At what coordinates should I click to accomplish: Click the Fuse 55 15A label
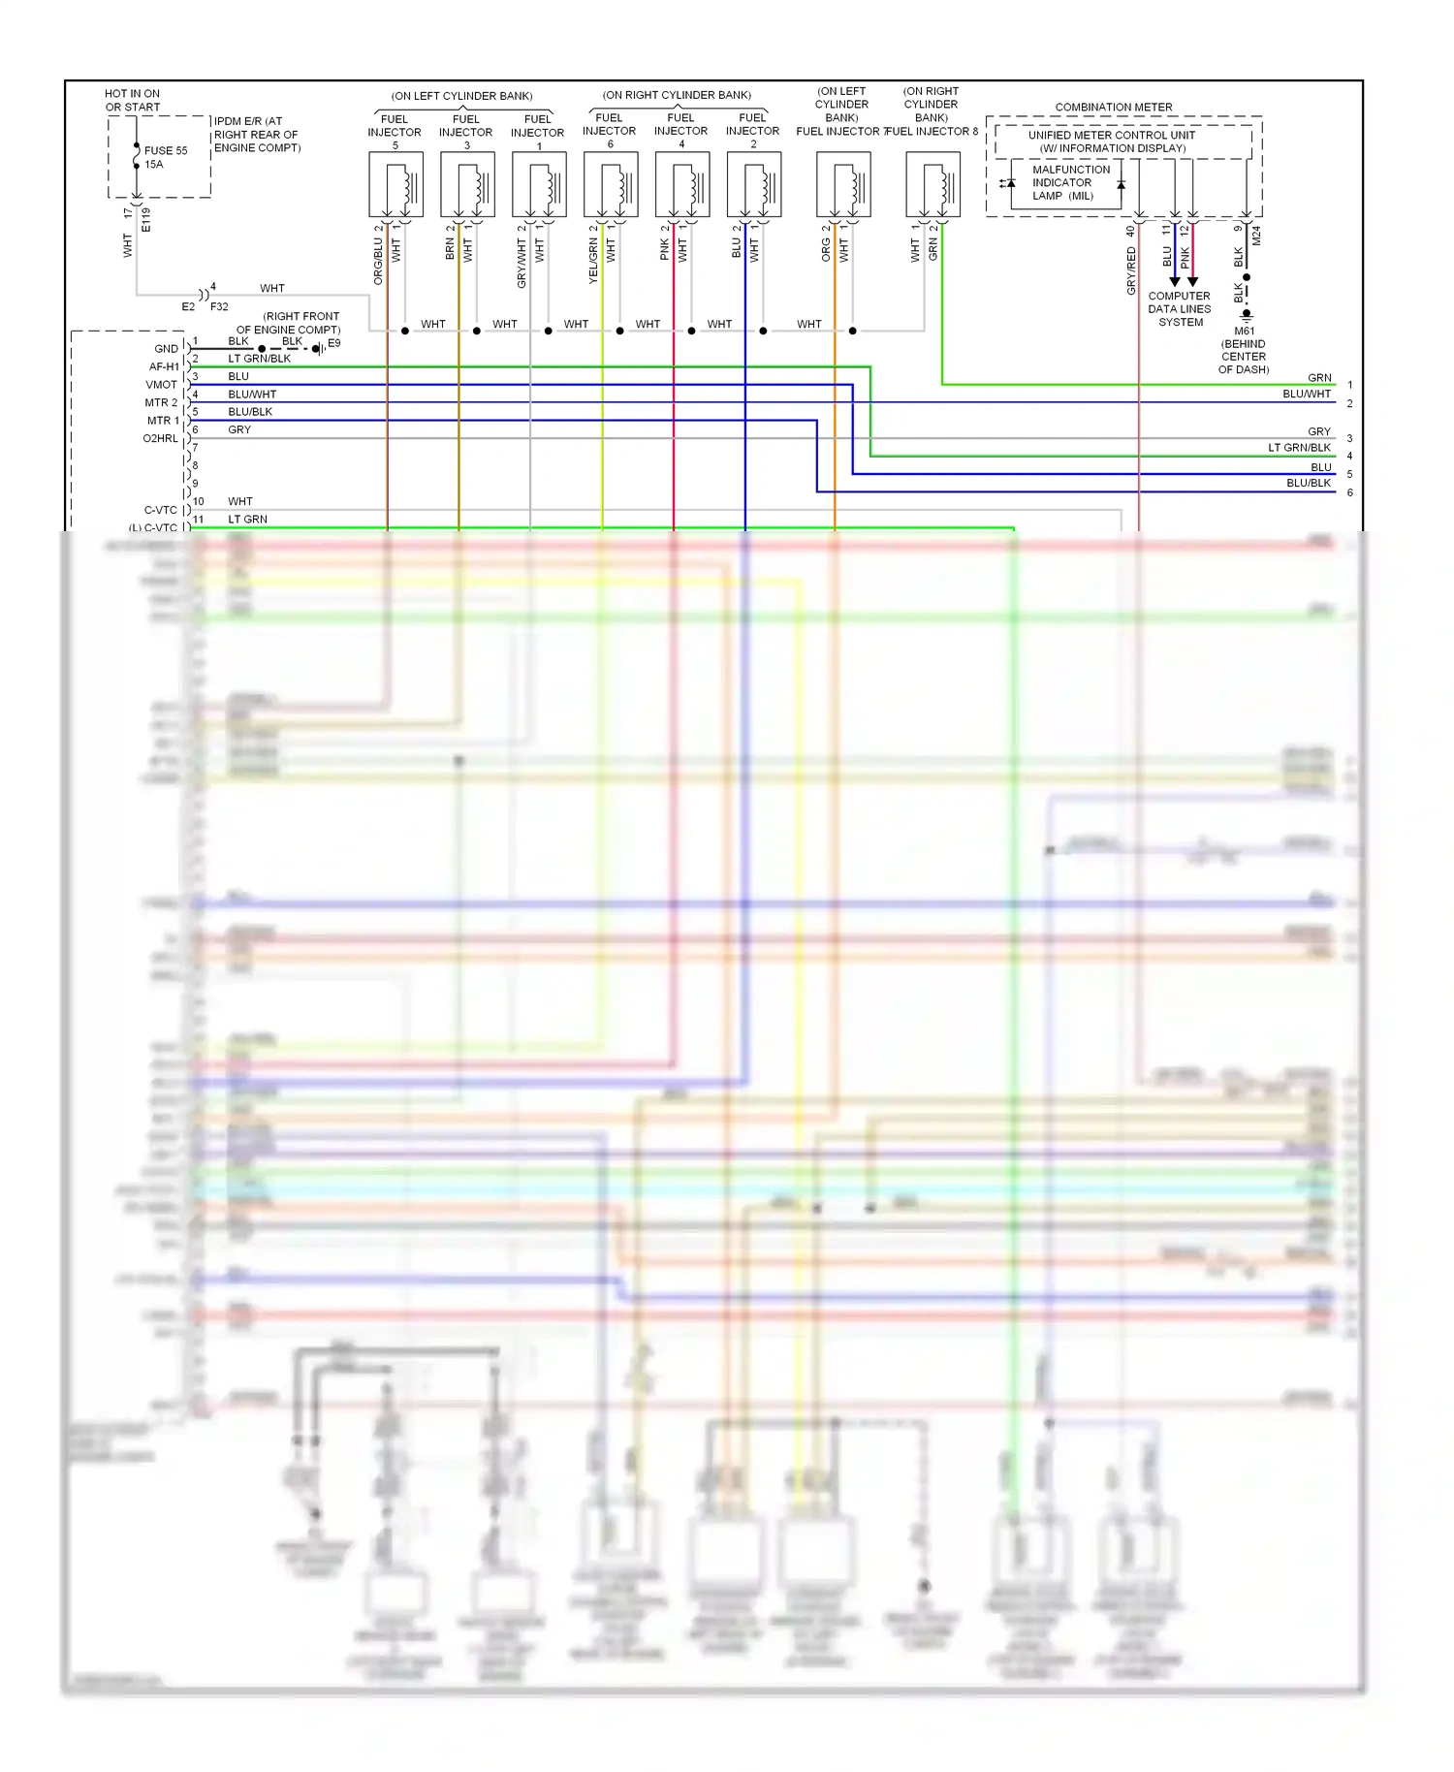[165, 157]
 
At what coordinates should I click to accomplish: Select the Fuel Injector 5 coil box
[395, 184]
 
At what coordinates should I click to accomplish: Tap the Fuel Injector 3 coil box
[467, 184]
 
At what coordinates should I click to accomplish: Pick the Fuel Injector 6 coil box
[611, 184]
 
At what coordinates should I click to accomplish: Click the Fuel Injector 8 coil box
[932, 184]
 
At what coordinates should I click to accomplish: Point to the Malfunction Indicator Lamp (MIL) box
[1065, 183]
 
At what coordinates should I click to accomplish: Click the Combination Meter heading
[1113, 107]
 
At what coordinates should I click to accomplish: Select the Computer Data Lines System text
[1180, 309]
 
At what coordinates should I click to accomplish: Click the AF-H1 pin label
[164, 367]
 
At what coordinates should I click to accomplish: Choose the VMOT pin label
[161, 385]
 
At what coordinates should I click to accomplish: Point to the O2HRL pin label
[160, 438]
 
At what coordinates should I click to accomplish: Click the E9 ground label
[334, 343]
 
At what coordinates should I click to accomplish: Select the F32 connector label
[219, 306]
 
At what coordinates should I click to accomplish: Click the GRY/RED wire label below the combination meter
[1130, 270]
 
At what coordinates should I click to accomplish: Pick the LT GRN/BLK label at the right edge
[1299, 448]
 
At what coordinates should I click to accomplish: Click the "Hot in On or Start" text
[133, 101]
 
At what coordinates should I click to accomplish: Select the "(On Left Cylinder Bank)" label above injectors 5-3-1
[461, 96]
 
